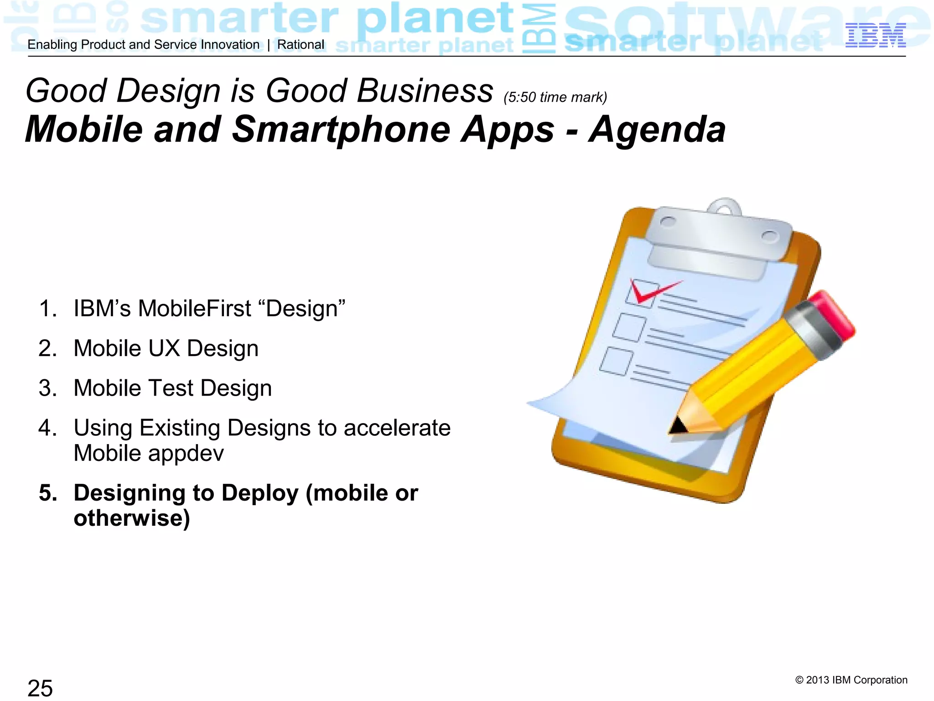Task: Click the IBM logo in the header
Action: pos(875,36)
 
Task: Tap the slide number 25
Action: pos(40,688)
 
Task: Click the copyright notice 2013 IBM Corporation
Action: pos(851,680)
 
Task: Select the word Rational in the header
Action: pos(301,45)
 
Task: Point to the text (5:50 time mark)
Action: pos(555,97)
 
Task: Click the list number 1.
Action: pos(47,309)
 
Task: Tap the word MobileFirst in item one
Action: pos(195,309)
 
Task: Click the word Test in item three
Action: pos(171,388)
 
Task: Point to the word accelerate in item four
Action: pos(397,428)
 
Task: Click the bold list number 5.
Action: pos(48,493)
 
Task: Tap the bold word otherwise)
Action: pos(132,518)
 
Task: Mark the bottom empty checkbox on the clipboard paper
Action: pos(617,361)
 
